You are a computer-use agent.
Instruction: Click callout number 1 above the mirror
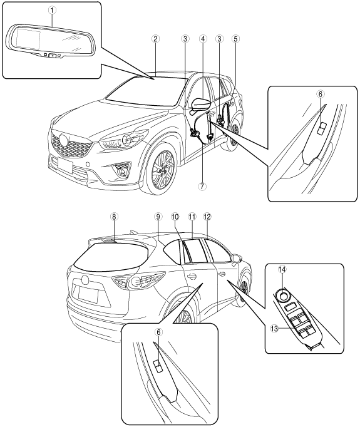click(x=53, y=11)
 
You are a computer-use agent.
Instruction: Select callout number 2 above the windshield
click(x=155, y=39)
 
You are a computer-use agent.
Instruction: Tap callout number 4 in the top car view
click(x=203, y=39)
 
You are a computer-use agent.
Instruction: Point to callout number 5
click(x=235, y=39)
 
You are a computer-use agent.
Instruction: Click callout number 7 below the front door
click(x=203, y=187)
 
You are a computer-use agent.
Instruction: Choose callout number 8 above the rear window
click(x=115, y=217)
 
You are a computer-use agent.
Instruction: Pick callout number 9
click(x=158, y=217)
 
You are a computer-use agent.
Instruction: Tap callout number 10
click(x=175, y=217)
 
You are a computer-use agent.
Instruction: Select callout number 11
click(x=192, y=217)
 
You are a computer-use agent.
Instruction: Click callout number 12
click(x=207, y=217)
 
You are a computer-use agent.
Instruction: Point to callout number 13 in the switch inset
click(x=274, y=329)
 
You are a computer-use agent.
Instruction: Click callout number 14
click(x=282, y=269)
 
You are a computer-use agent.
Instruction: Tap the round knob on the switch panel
click(x=282, y=296)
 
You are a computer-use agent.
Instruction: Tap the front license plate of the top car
click(x=65, y=165)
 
